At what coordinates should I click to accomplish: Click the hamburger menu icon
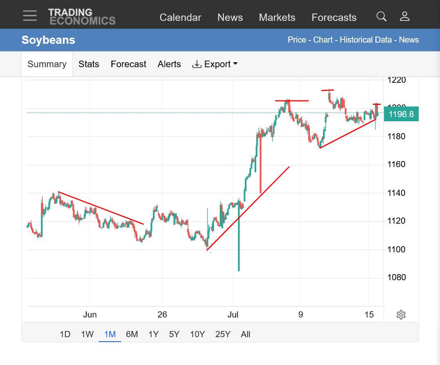coord(30,16)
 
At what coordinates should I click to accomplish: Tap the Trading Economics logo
coord(82,17)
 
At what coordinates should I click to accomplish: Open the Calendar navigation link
coord(181,17)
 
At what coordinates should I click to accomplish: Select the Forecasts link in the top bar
coord(334,17)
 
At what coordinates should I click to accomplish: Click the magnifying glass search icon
coord(381,16)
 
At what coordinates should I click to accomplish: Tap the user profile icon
coord(405,16)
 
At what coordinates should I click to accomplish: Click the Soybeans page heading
coord(48,40)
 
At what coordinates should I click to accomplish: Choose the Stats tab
coord(89,64)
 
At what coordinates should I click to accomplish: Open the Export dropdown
coord(215,64)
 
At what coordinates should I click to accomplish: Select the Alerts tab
coord(169,64)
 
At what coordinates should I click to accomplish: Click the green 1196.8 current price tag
coord(401,114)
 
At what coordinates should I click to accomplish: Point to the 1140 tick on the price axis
coord(396,193)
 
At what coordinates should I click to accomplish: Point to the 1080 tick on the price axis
coord(397,277)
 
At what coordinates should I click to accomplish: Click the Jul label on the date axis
coord(232,315)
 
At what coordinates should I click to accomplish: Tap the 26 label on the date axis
coord(162,315)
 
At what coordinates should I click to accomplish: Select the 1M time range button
coord(110,334)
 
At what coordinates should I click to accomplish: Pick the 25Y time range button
coord(223,334)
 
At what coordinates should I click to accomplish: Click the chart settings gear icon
coord(401,315)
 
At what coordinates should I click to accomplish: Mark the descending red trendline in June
coord(101,208)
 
